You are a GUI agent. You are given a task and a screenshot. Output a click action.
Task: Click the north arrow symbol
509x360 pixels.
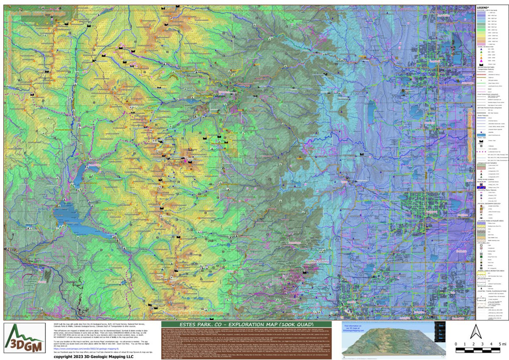tap(476, 331)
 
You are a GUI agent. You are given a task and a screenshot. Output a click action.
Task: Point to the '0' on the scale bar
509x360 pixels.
tap(456, 344)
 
